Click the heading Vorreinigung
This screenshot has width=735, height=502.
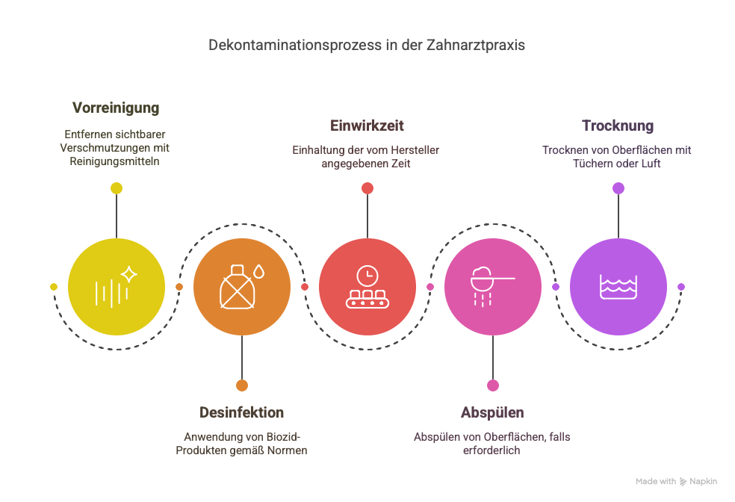coord(116,108)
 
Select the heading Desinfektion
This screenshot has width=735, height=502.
coord(241,412)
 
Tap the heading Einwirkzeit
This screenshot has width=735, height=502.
coord(367,125)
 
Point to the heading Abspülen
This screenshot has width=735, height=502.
coord(492,412)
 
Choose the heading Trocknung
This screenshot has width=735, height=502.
coord(618,125)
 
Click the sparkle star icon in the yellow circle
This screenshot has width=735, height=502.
coord(129,274)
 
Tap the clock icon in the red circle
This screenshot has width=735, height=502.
coord(367,276)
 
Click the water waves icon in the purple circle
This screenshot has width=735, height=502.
coord(618,286)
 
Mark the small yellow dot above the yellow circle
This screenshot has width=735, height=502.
coord(117,188)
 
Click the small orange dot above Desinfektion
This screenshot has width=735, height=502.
coord(242,385)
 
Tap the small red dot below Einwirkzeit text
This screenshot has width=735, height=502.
coord(367,188)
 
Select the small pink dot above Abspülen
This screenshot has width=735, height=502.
coord(493,385)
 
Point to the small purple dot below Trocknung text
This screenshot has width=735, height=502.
coord(618,188)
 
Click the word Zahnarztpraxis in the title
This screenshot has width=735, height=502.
coord(475,46)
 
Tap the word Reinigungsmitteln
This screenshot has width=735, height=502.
coord(115,161)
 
